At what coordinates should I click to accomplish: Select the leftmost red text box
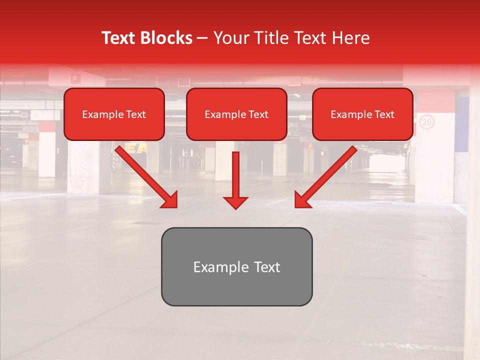coord(114,114)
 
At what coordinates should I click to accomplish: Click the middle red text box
coord(236,114)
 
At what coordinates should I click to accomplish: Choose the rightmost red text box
coord(362,114)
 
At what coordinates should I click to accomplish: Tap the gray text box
coord(236,266)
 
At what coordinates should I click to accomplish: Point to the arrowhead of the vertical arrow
coord(235,202)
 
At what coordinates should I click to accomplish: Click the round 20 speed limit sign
coord(426,121)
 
